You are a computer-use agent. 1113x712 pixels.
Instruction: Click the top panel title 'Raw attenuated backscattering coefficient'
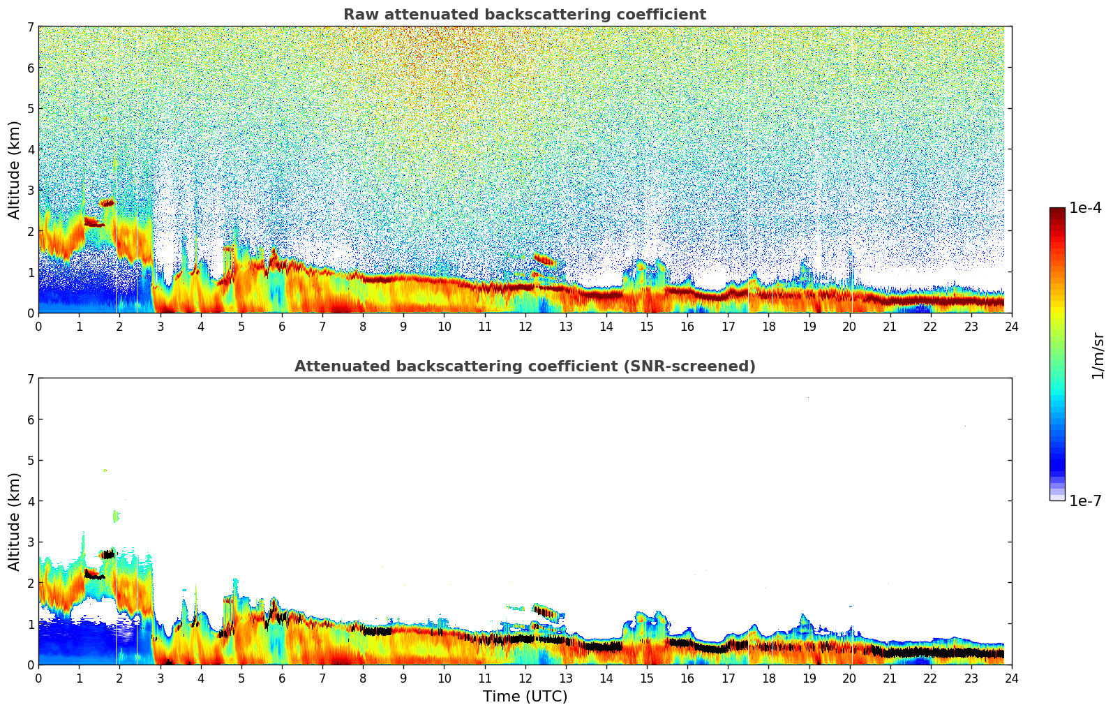[x=524, y=15]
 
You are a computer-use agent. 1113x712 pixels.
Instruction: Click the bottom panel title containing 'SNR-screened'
[x=524, y=366]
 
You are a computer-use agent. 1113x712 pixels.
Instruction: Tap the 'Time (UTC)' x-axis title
[x=525, y=697]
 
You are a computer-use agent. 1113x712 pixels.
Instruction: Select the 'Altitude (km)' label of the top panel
[x=14, y=170]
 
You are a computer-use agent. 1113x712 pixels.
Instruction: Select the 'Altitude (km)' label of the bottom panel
[x=14, y=521]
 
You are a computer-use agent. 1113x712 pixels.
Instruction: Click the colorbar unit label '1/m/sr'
[x=1098, y=355]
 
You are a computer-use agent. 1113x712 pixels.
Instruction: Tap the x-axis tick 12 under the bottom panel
[x=525, y=678]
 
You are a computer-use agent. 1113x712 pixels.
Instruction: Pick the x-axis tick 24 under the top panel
[x=1011, y=326]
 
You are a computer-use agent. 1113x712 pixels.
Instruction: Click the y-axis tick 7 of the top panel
[x=30, y=27]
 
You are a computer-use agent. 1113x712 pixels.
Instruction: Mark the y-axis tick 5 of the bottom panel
[x=30, y=461]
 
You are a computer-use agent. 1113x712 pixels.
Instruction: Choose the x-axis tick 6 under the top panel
[x=282, y=326]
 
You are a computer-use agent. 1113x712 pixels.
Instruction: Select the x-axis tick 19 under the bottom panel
[x=809, y=678]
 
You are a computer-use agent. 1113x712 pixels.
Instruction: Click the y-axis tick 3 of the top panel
[x=30, y=191]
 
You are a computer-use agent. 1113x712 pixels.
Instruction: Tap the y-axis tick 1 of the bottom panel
[x=30, y=624]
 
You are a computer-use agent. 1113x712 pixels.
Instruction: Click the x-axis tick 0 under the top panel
[x=38, y=326]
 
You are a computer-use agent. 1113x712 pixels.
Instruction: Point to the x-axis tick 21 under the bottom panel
[x=890, y=678]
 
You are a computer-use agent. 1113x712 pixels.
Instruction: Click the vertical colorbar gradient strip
[x=1056, y=354]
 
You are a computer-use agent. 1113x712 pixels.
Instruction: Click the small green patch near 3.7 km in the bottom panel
[x=116, y=517]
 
